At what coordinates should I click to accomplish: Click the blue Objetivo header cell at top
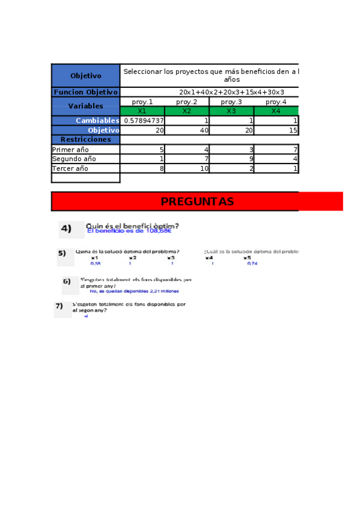85,76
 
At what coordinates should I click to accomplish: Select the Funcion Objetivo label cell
85,92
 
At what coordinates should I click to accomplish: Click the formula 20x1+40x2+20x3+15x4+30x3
231,92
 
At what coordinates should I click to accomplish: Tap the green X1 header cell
142,111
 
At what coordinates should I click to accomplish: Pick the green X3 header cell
231,111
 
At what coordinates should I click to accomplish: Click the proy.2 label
187,102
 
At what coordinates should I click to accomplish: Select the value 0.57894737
143,120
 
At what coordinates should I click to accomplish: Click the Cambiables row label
97,120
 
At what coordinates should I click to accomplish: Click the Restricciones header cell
85,140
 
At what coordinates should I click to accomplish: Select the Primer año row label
70,149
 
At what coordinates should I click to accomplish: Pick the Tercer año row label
70,168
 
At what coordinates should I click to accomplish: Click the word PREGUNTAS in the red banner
197,201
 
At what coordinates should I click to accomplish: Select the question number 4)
66,229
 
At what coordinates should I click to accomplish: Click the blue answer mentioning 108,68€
129,230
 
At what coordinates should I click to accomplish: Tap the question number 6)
67,281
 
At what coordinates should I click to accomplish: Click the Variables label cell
85,106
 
